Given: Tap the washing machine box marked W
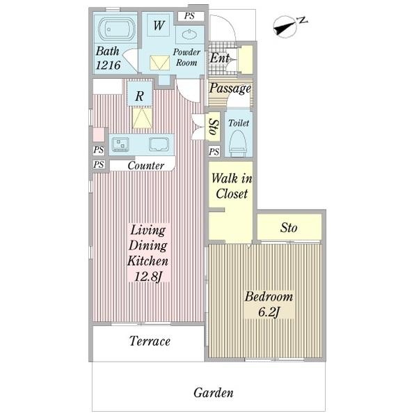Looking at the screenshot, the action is (x=159, y=25).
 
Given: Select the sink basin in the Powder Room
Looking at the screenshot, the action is (x=189, y=34).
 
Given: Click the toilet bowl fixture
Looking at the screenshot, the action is (x=238, y=144).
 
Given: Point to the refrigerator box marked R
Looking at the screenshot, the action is (x=140, y=96).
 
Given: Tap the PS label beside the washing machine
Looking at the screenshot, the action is (x=189, y=16).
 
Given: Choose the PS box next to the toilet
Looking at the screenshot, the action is (x=214, y=152).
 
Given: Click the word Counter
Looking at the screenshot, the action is (x=146, y=166).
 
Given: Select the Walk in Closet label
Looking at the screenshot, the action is (x=232, y=186).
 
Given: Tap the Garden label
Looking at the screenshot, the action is (x=214, y=393).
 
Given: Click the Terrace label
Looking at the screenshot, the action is (x=150, y=341).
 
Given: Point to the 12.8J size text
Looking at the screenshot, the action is (x=148, y=277).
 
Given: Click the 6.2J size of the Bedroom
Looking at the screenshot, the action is (x=269, y=312).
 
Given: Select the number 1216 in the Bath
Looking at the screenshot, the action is (x=108, y=65).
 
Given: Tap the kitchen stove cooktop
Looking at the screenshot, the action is (x=120, y=144).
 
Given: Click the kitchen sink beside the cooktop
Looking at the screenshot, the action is (x=159, y=144).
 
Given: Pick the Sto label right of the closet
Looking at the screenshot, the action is (x=289, y=228).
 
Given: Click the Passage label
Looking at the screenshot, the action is (x=230, y=88).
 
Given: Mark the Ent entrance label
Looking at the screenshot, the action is (x=219, y=58).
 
